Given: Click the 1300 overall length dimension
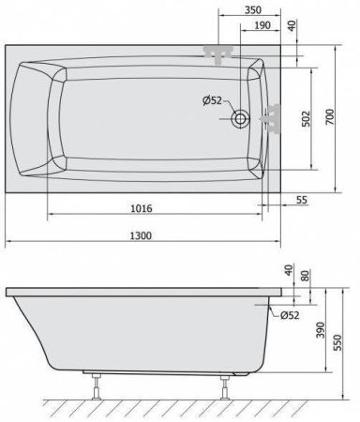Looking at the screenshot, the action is (141, 235).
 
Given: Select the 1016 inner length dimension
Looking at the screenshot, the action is (142, 208).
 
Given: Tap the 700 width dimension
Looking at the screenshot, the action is (330, 117).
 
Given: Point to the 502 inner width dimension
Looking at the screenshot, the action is (306, 119).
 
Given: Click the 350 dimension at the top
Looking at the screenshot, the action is (252, 10).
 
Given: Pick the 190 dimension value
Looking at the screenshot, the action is (262, 25).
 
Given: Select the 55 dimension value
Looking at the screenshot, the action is (302, 200).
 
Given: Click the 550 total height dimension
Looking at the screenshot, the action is (338, 342).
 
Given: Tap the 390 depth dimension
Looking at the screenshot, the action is (321, 330).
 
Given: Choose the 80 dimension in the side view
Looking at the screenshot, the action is (306, 276).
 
